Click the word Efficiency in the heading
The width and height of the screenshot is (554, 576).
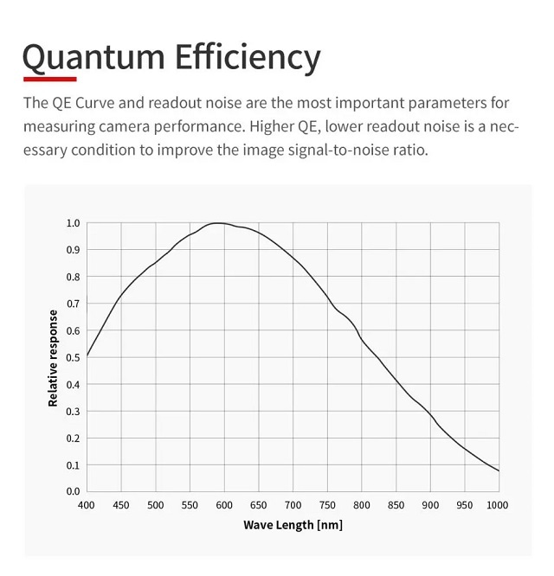point(248,57)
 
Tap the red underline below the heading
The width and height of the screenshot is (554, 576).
point(50,80)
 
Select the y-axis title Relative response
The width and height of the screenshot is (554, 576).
point(54,358)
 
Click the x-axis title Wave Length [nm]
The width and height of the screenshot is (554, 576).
point(293,524)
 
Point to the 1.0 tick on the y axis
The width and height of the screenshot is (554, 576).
point(74,223)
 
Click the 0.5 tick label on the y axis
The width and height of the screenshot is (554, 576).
point(74,357)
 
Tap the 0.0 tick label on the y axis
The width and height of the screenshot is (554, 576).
point(74,491)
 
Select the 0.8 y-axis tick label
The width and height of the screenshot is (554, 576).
point(74,277)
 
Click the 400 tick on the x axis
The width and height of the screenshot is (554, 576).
point(87,504)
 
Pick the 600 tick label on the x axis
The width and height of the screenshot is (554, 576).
point(224,504)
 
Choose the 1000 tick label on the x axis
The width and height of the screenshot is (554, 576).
point(498,504)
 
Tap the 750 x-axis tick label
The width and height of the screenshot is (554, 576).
point(327,504)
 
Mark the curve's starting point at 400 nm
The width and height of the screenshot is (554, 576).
point(87,355)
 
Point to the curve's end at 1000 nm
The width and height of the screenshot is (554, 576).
point(499,470)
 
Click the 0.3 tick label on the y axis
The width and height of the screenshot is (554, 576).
point(74,411)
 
